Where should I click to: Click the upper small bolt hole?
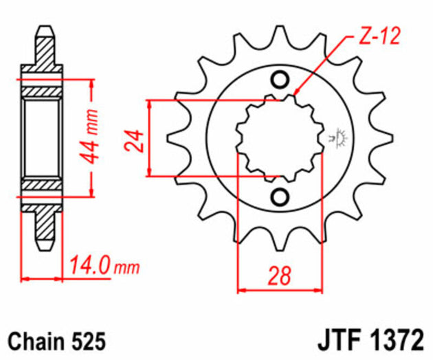(280, 80)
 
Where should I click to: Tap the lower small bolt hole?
(280, 198)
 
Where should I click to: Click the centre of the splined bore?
(280, 139)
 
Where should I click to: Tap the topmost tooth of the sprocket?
(280, 38)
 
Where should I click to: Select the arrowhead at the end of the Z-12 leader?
(295, 94)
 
